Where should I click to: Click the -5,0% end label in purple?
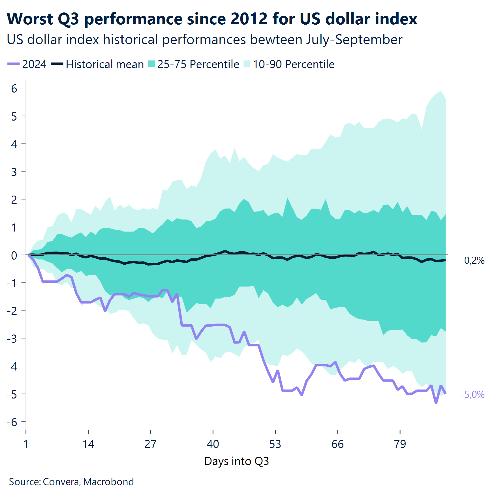click(x=472, y=395)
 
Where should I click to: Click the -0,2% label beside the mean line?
click(x=472, y=260)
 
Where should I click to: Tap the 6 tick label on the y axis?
click(x=14, y=89)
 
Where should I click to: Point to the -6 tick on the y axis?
click(x=12, y=422)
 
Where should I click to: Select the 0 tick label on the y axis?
click(x=14, y=255)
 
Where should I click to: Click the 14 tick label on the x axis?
click(x=88, y=444)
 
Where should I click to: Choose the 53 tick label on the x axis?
click(x=275, y=444)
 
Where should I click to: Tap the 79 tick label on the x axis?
click(x=400, y=444)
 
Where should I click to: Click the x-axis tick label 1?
click(x=26, y=444)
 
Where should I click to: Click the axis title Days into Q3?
click(x=236, y=461)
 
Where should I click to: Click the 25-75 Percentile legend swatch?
click(x=151, y=64)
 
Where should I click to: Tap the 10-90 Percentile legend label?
click(x=294, y=64)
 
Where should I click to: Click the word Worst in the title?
click(x=30, y=19)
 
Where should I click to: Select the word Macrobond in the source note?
click(x=108, y=481)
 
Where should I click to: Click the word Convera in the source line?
click(x=61, y=481)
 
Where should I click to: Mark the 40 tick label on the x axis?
click(x=213, y=444)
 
